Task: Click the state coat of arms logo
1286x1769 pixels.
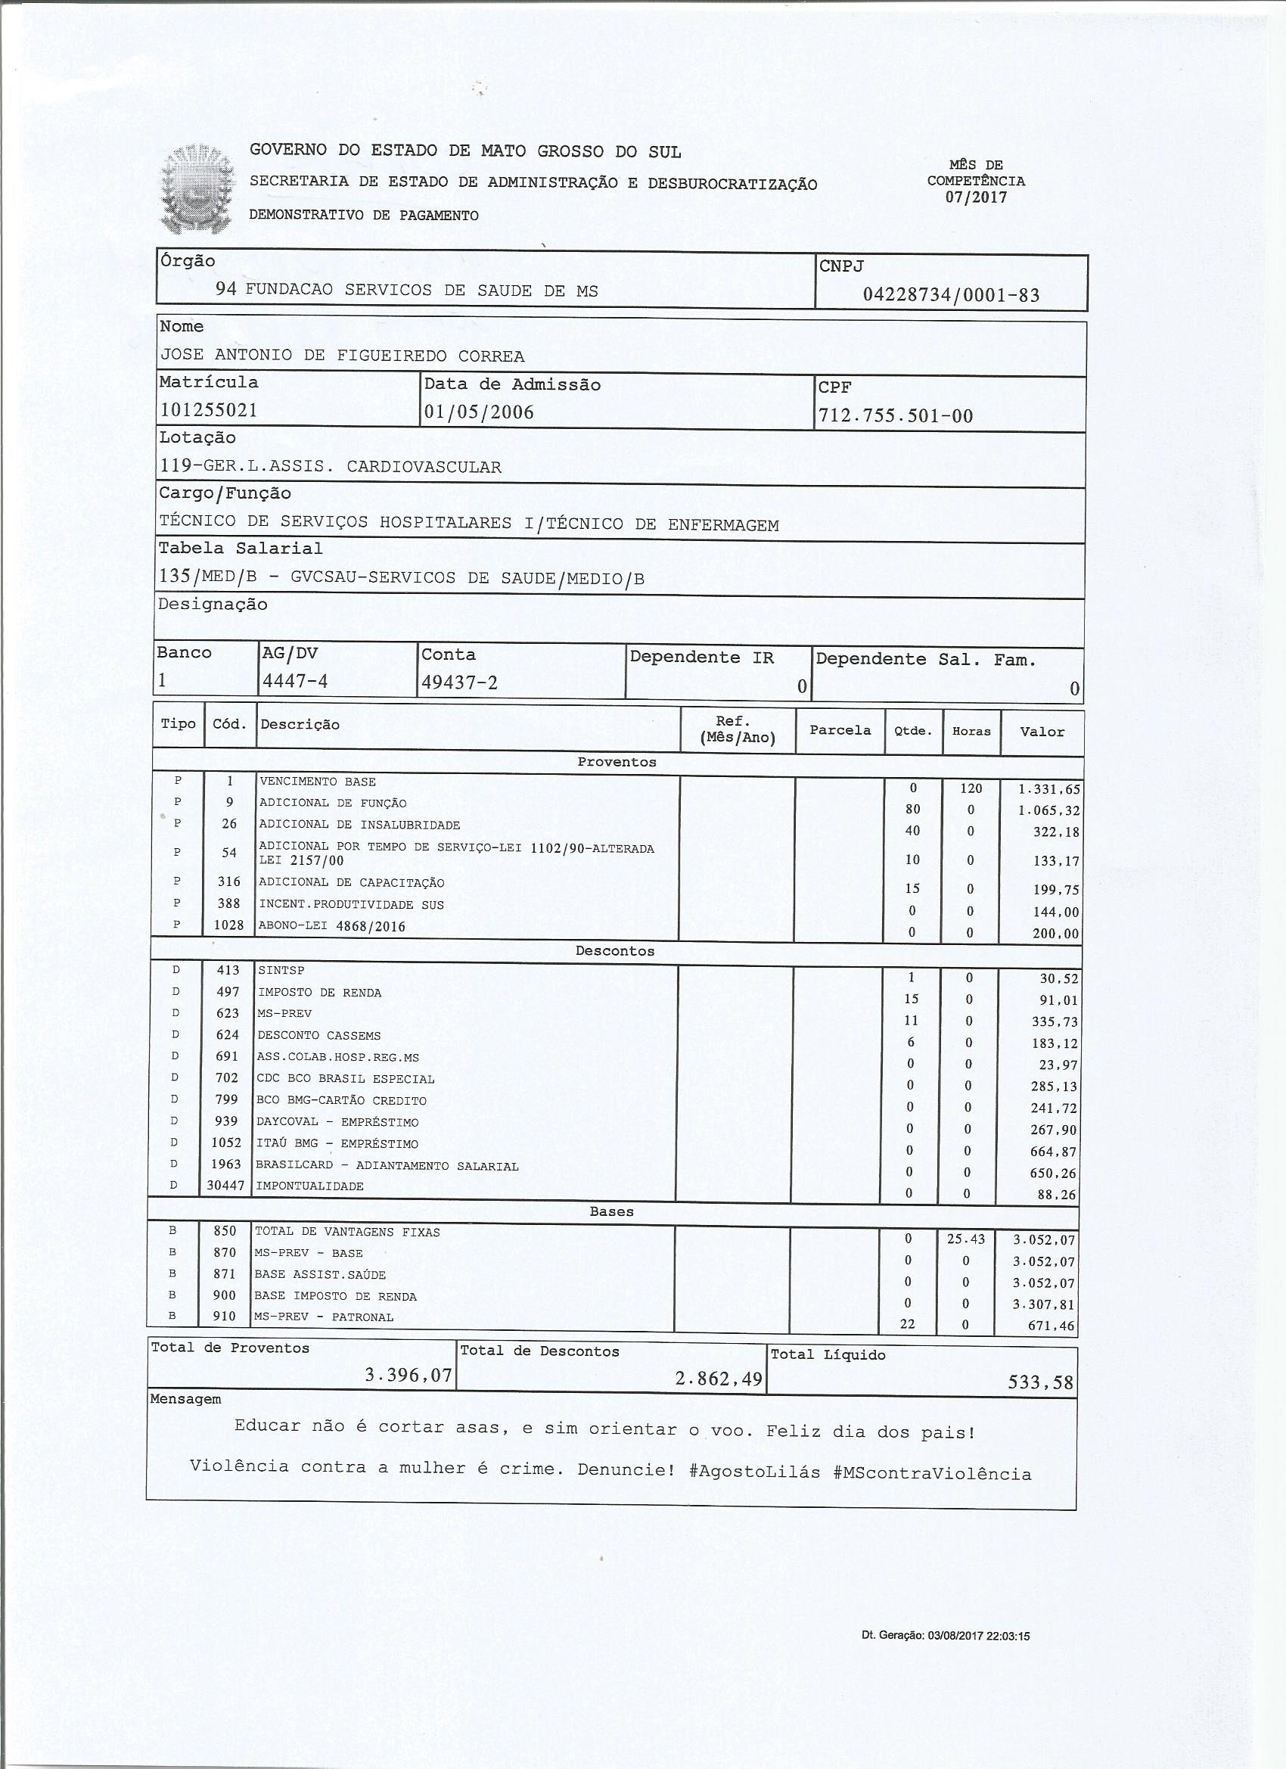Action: pos(197,188)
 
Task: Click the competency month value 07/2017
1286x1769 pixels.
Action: pos(976,197)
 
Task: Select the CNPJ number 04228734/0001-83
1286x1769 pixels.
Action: pos(951,295)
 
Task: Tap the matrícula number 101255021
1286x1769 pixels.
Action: pos(209,410)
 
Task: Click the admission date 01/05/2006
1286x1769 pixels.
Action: pos(479,412)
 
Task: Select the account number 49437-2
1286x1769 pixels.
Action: pos(459,682)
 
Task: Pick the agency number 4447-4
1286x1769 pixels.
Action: pos(295,681)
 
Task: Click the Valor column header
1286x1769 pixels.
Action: pos(1042,732)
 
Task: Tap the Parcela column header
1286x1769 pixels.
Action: pos(840,730)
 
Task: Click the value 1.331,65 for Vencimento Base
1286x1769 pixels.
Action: pos(1049,789)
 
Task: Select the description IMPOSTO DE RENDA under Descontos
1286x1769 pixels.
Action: pos(320,993)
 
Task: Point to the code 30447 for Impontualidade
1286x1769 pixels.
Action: pos(225,1186)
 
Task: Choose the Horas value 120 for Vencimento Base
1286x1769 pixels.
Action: pos(971,788)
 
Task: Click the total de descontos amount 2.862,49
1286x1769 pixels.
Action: pos(718,1379)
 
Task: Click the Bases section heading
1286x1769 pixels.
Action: pos(611,1211)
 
